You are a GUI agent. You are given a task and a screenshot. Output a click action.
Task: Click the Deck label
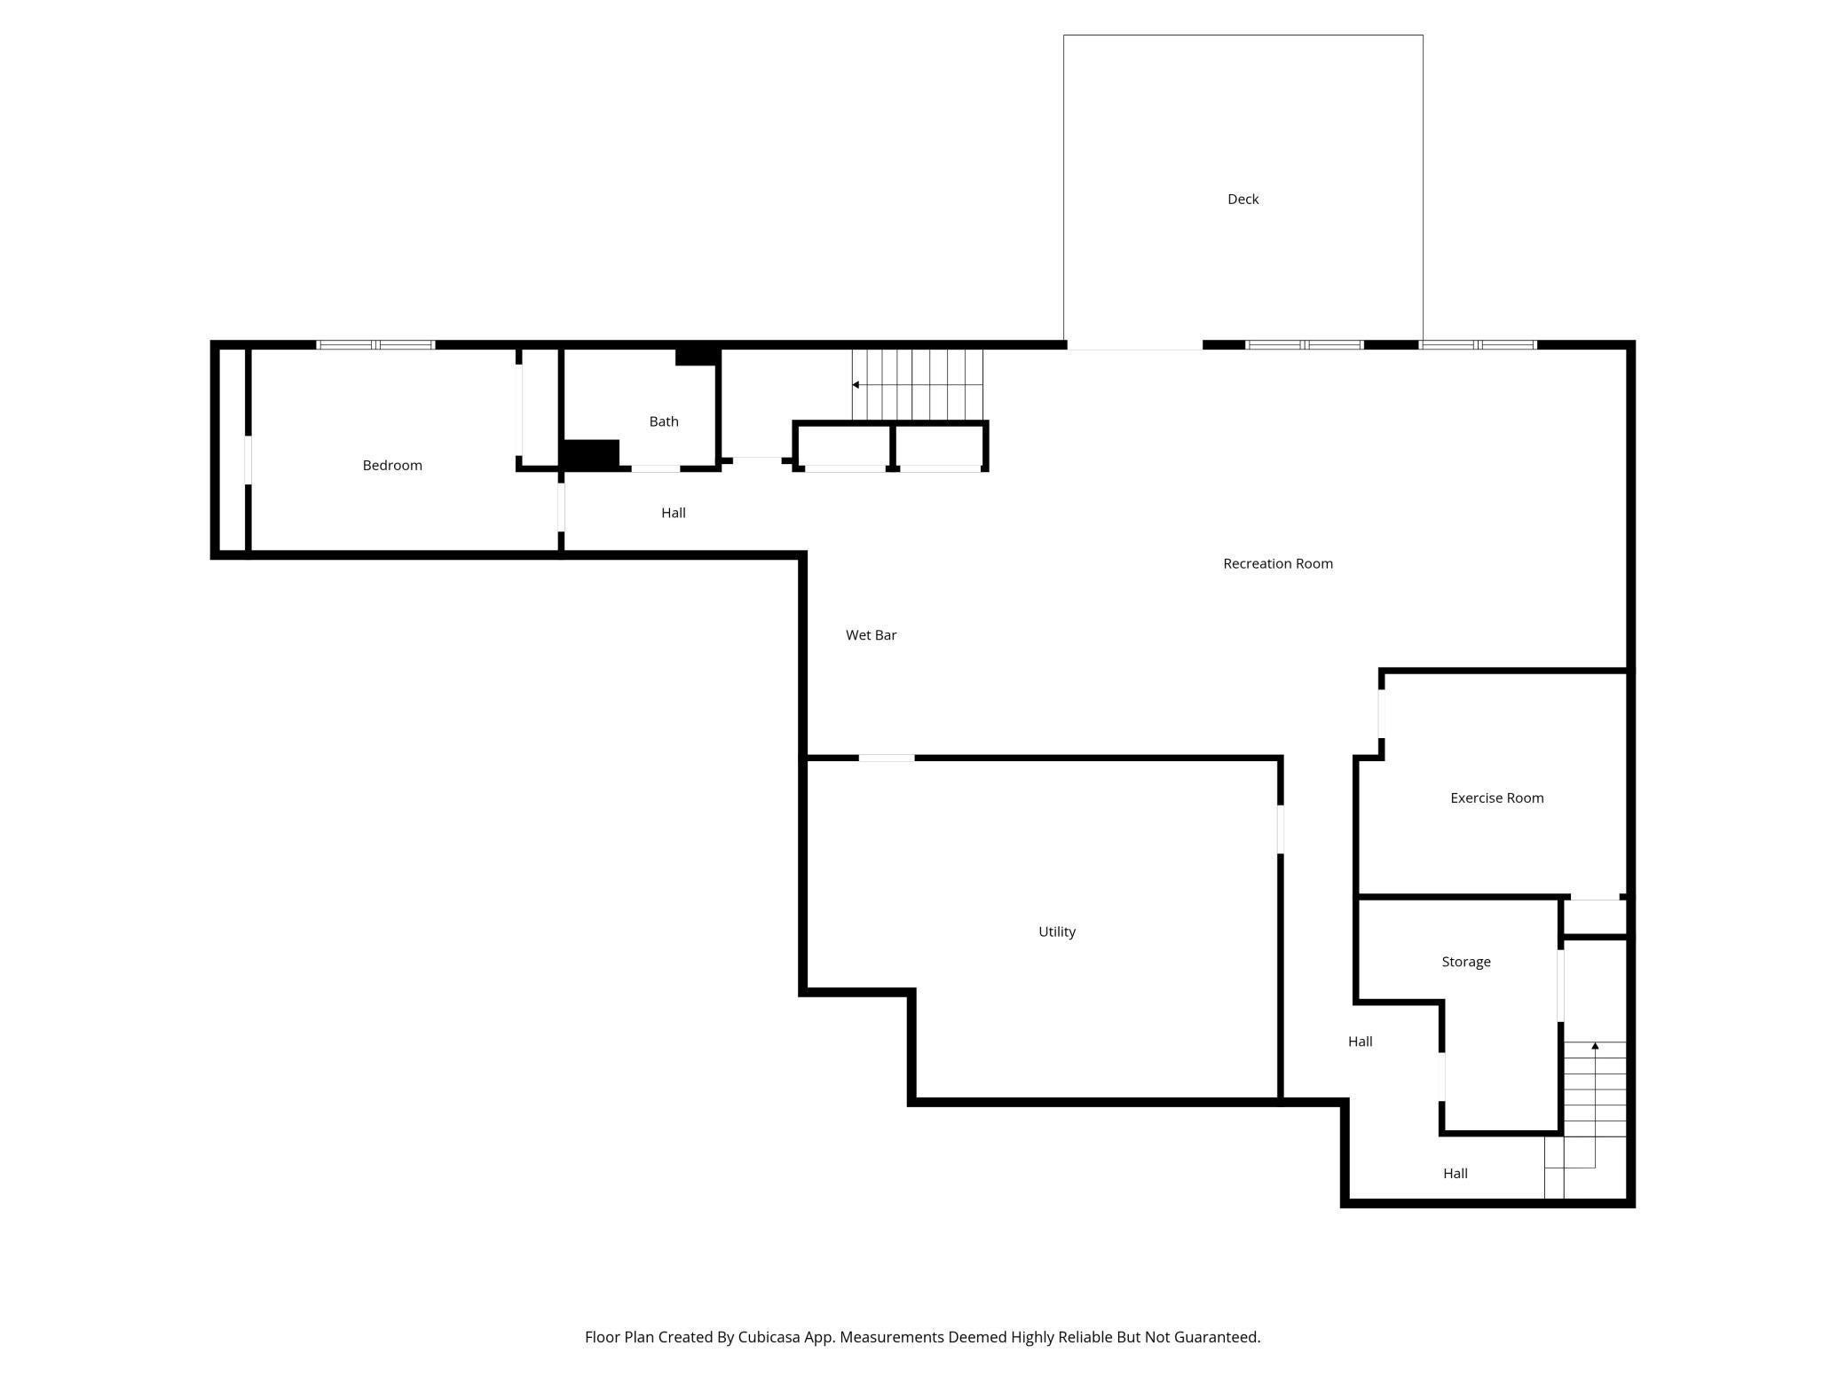coord(1242,200)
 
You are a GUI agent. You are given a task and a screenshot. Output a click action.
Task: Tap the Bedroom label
coord(392,466)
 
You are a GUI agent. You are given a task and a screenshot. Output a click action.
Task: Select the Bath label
coord(664,421)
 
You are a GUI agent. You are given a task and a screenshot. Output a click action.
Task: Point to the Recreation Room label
coord(1278,563)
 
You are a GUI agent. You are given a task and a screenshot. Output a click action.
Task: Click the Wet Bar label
coord(871,635)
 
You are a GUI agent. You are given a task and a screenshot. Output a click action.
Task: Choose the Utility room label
coord(1057,932)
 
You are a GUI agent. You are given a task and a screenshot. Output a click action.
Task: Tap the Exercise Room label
coord(1497,798)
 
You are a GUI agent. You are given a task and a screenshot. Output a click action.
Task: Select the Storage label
coord(1466,962)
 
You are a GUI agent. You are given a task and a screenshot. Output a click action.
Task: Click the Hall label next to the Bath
coord(674,513)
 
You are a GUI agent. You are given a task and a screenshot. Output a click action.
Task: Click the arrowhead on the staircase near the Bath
coord(856,385)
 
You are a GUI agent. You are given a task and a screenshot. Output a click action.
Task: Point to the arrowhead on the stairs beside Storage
coord(1595,1046)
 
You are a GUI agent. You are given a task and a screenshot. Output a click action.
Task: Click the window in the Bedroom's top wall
coord(375,345)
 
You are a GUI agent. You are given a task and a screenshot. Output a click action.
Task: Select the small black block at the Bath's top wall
coord(697,357)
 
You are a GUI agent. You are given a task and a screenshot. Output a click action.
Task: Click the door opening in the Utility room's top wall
coord(887,758)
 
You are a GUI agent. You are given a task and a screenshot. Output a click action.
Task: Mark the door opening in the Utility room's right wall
coord(1281,830)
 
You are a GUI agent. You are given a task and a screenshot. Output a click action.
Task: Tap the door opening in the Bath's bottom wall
coord(656,468)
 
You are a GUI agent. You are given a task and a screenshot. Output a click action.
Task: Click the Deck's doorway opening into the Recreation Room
coord(1134,345)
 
